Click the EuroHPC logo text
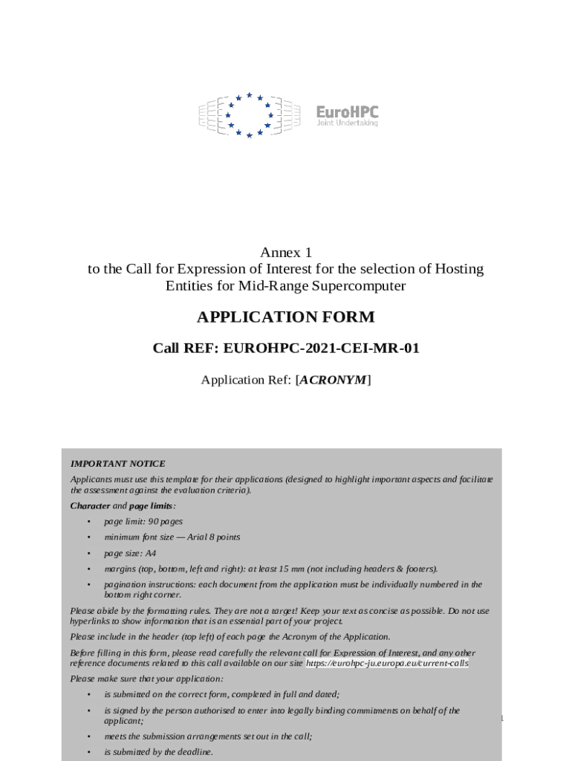[x=347, y=111]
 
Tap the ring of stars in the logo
[x=250, y=114]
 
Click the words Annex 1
[x=286, y=253]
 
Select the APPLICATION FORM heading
[x=285, y=317]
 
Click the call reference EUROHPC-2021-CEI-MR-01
[x=322, y=348]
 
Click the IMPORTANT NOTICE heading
[x=117, y=464]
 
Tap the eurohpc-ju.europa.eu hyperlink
[x=387, y=663]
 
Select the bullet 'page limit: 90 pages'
[x=143, y=521]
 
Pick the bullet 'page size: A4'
[x=130, y=553]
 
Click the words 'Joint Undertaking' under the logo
[x=347, y=123]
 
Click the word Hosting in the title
[x=458, y=269]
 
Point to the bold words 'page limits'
[x=152, y=505]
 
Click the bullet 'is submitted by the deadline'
[x=158, y=752]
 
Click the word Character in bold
[x=90, y=505]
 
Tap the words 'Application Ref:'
[x=247, y=380]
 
